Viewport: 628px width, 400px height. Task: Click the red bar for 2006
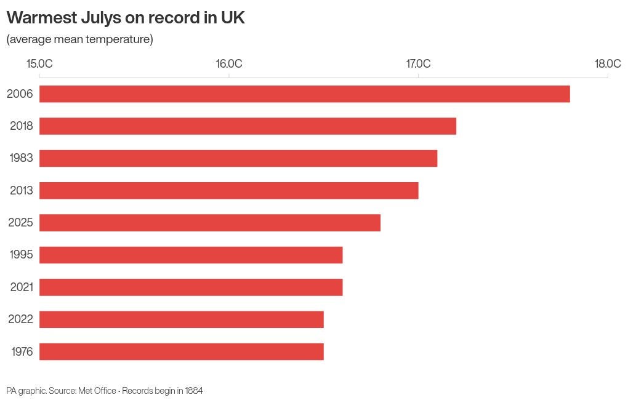click(304, 94)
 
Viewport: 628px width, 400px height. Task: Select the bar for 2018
click(248, 126)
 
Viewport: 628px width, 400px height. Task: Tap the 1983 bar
click(238, 158)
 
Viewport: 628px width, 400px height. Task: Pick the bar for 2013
click(228, 191)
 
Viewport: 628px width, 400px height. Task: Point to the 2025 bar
click(210, 223)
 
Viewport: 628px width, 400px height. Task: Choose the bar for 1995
click(191, 255)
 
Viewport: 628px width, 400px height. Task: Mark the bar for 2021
click(191, 287)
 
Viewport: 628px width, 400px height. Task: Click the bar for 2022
click(182, 319)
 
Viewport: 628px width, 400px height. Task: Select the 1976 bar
click(182, 351)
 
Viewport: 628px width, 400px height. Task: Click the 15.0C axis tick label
click(39, 63)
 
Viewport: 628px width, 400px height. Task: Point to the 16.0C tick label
click(228, 63)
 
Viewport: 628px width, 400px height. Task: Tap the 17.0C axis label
click(419, 63)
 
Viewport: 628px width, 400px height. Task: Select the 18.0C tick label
click(608, 63)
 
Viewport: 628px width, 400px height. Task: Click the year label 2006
click(20, 94)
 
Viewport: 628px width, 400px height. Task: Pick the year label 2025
click(20, 222)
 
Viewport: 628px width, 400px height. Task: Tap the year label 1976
click(22, 351)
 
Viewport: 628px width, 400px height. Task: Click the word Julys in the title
click(101, 18)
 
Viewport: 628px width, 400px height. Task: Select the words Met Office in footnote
click(97, 390)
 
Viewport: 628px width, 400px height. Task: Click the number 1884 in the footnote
click(194, 390)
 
